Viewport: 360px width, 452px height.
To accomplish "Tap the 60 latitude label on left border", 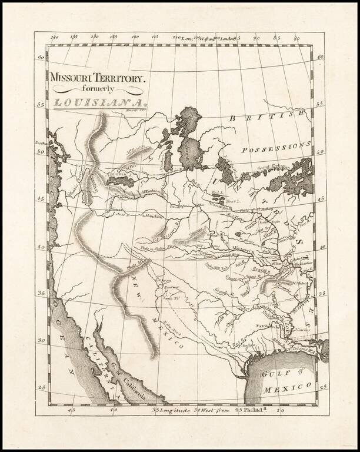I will pyautogui.click(x=41, y=58).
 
